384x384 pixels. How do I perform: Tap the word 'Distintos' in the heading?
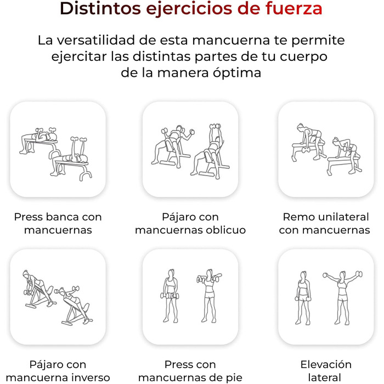(100, 8)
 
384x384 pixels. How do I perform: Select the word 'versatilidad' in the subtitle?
(96, 40)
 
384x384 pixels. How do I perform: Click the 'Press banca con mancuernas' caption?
(58, 223)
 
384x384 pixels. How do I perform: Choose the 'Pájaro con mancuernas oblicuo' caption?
(190, 223)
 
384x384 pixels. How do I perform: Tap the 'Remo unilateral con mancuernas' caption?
(325, 223)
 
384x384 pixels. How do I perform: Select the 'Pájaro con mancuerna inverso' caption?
(58, 371)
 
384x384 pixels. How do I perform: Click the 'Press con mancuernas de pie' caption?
(190, 371)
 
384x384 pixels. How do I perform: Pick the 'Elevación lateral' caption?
(326, 371)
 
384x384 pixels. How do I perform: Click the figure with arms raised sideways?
(342, 297)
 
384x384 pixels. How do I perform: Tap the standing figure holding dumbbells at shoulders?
(209, 296)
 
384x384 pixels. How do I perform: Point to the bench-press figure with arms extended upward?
(71, 159)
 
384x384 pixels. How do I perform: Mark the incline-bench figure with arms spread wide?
(173, 146)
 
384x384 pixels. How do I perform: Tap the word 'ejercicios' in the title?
(189, 8)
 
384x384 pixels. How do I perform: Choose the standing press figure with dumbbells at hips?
(170, 296)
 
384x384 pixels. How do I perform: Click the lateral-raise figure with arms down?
(303, 297)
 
